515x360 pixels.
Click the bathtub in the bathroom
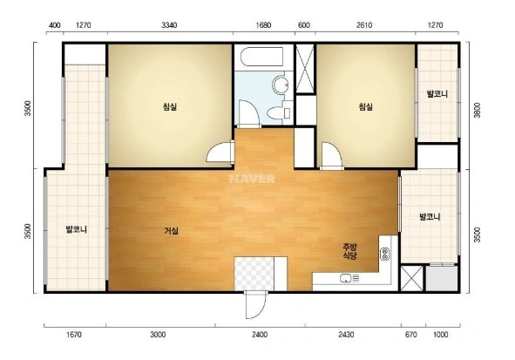pos(261,57)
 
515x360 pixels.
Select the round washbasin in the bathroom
pos(280,85)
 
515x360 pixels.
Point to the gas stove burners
pos(385,254)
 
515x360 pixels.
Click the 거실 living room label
pos(171,231)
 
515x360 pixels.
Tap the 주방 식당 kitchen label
pos(349,251)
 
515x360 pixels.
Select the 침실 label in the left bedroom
pos(170,106)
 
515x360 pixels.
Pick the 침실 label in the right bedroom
pos(366,106)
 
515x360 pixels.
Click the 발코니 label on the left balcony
pos(77,229)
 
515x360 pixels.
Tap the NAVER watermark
pos(252,179)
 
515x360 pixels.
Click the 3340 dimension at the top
pos(169,25)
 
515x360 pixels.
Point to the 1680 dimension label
pos(263,25)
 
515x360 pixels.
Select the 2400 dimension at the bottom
pos(260,335)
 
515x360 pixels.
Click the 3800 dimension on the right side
pos(478,110)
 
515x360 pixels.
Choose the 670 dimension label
pos(411,335)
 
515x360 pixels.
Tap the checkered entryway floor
pos(254,275)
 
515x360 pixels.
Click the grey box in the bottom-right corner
pos(442,279)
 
